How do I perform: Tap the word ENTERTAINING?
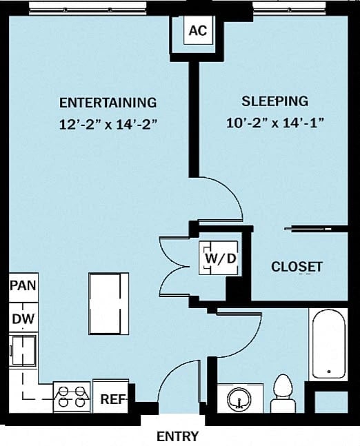tap(108, 103)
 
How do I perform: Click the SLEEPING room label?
tap(274, 101)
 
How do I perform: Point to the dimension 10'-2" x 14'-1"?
tap(274, 124)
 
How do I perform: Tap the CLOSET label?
tap(297, 267)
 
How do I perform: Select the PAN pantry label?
tap(23, 285)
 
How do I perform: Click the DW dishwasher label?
tap(22, 319)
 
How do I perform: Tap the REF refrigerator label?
tap(111, 398)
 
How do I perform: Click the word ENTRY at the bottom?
tap(177, 436)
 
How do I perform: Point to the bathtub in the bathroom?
tap(328, 345)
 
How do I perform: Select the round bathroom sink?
tap(239, 398)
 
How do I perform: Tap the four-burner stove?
tap(72, 397)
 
